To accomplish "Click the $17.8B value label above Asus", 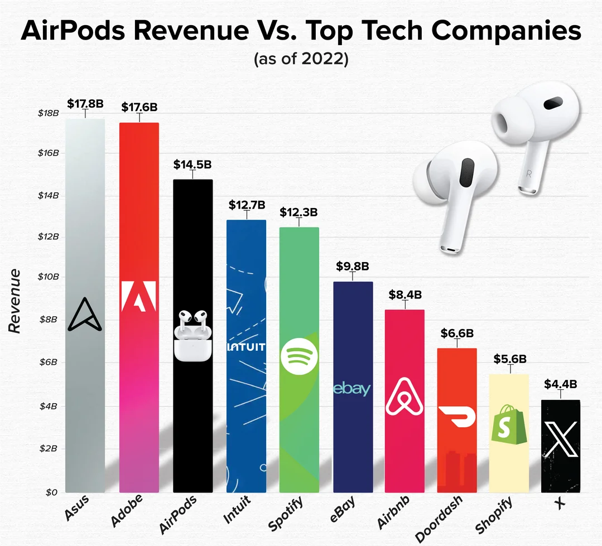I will [x=85, y=103].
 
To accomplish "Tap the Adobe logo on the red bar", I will [x=139, y=295].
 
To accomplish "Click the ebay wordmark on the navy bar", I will [x=352, y=389].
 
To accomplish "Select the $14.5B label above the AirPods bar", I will [x=192, y=165].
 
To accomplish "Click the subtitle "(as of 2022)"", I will [x=301, y=59].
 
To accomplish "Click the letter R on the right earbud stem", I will [x=528, y=173].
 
